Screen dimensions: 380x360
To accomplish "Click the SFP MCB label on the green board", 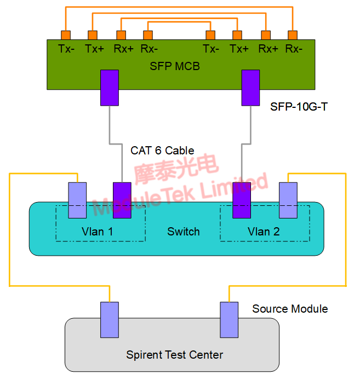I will click(x=174, y=66).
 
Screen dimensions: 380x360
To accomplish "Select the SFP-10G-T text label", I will click(x=299, y=107).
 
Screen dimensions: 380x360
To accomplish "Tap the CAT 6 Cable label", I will click(x=162, y=150).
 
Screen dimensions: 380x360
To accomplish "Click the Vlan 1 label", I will click(x=98, y=232).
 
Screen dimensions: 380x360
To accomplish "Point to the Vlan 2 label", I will click(x=264, y=232).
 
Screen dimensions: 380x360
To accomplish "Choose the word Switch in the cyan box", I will click(x=183, y=232).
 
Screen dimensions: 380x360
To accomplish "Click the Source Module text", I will click(x=290, y=309).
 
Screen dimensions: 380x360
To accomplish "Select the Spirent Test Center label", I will click(x=174, y=355).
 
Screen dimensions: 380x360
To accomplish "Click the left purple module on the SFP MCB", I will click(x=110, y=88).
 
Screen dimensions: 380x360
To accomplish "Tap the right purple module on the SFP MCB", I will click(x=251, y=88).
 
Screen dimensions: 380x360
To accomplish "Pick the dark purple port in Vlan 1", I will click(x=122, y=200).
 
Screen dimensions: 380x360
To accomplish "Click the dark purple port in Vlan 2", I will click(x=241, y=200).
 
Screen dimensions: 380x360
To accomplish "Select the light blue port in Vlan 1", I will click(x=77, y=200).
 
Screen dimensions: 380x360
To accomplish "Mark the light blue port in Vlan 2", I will click(x=288, y=200).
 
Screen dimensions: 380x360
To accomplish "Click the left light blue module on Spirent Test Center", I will click(x=110, y=319).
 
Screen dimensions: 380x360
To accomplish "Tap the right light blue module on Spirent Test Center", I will click(x=229, y=319).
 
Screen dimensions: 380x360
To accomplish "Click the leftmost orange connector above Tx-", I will click(x=66, y=36).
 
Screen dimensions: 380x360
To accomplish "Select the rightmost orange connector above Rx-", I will click(x=293, y=36).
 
